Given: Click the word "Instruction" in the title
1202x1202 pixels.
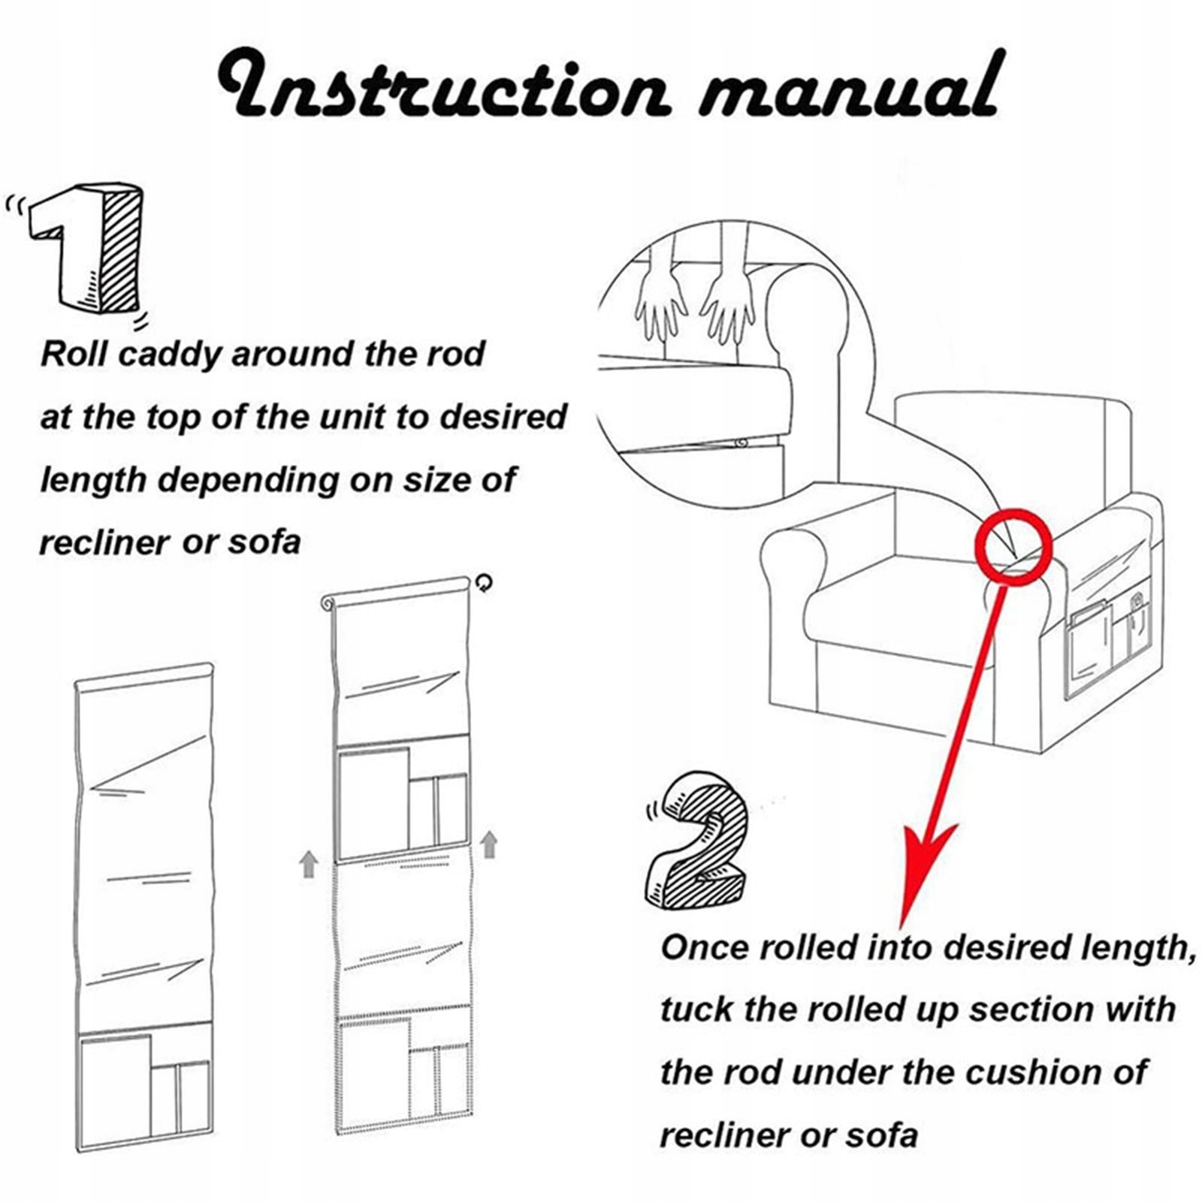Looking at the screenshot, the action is pos(443,86).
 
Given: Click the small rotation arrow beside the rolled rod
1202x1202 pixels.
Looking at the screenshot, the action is pos(485,582).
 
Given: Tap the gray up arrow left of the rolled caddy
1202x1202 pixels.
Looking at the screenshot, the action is pos(309,864).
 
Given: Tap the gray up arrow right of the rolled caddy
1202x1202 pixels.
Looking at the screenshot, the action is pos(489,844).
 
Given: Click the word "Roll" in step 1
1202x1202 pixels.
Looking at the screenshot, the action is pos(74,354).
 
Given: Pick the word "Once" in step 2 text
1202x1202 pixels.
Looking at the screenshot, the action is pos(704,949).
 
